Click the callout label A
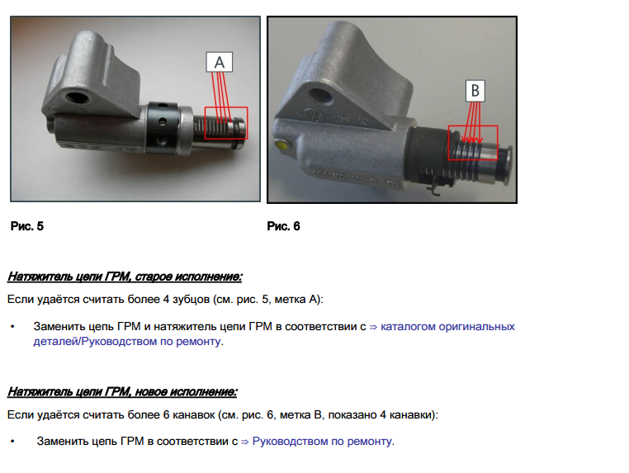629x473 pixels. coord(219,62)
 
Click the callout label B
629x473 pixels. coord(475,91)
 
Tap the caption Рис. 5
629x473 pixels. coord(27,226)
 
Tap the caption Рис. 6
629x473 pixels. coord(283,226)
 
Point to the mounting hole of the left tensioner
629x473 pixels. coord(76,97)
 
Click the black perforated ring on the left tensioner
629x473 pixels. coord(161,128)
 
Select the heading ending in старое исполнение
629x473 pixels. coord(125,277)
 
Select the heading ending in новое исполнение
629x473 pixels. coord(122,391)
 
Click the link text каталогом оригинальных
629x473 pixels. coord(447,327)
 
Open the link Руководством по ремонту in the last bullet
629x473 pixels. coord(322,442)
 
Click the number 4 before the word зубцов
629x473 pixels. coord(166,300)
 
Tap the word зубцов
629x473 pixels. coord(191,300)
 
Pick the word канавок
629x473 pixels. coord(194,415)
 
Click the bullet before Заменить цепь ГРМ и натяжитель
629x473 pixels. coord(13,327)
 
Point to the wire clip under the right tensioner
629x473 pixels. coord(435,189)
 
